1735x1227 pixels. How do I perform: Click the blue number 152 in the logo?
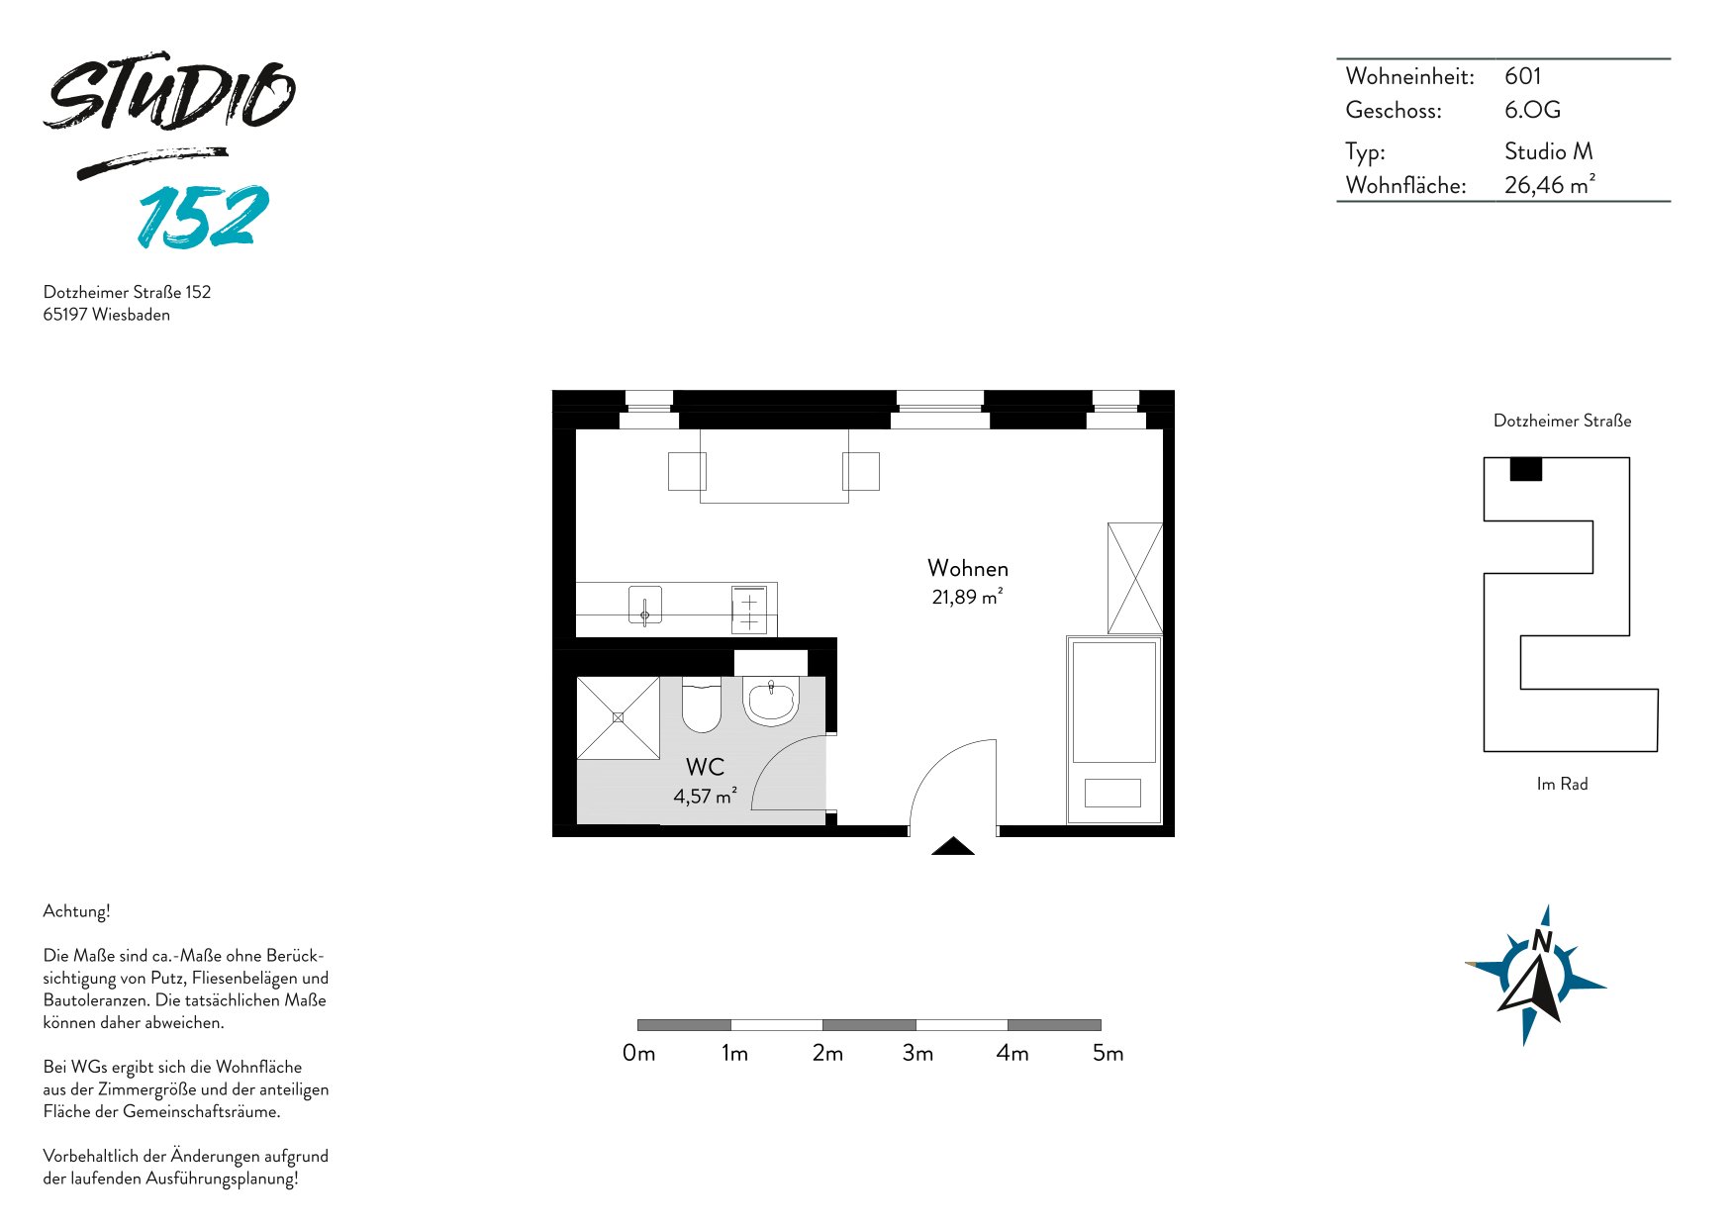[x=204, y=216]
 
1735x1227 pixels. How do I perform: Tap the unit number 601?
[x=1522, y=76]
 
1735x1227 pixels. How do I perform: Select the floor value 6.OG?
[x=1532, y=110]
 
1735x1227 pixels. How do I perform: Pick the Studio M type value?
[x=1549, y=151]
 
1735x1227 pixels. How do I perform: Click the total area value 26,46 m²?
[x=1550, y=184]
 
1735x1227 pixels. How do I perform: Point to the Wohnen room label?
[x=968, y=568]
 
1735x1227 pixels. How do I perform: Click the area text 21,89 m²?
[x=967, y=597]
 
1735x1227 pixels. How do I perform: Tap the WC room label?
[x=705, y=767]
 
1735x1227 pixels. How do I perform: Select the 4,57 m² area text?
[x=705, y=796]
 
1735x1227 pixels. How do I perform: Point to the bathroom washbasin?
[x=771, y=701]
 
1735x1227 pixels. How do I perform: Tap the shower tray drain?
[x=619, y=717]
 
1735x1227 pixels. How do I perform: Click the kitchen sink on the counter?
[x=645, y=606]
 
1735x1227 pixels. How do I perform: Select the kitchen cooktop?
[x=749, y=610]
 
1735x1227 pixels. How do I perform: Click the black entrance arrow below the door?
[x=953, y=846]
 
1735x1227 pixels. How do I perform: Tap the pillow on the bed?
[x=1112, y=793]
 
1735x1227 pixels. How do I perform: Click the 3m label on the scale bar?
[x=917, y=1053]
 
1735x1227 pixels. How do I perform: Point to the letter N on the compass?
[x=1541, y=941]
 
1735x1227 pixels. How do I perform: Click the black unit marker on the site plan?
[x=1526, y=469]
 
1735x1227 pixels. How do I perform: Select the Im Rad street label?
[x=1562, y=784]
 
